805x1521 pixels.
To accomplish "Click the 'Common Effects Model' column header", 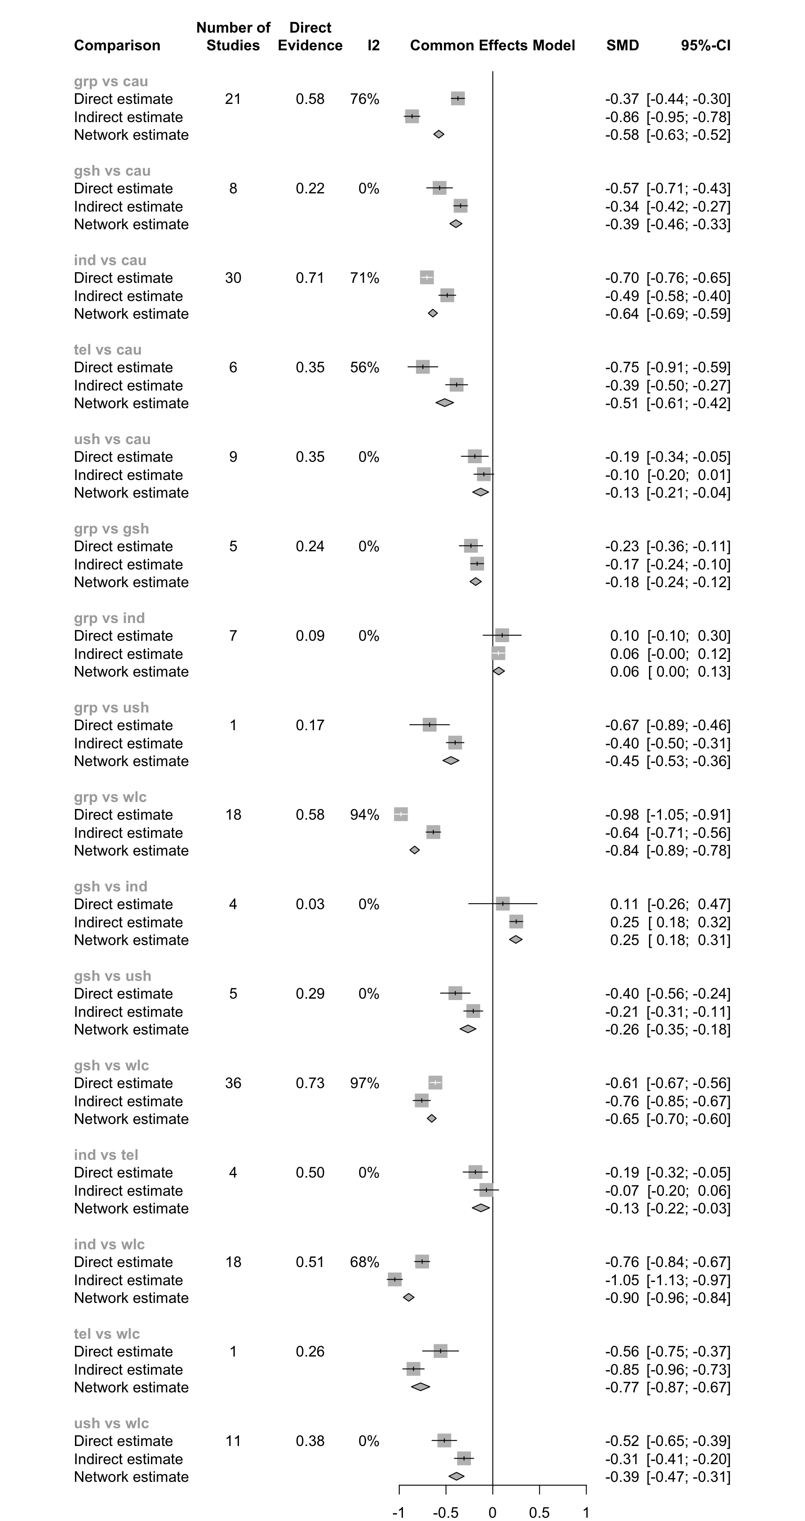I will click(x=492, y=46).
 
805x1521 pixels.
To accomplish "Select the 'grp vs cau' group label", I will click(x=111, y=82).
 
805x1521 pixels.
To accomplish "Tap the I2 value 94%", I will click(x=364, y=815).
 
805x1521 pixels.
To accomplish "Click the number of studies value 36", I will click(x=233, y=1083).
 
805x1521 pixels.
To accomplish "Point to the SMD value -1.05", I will click(x=621, y=1280).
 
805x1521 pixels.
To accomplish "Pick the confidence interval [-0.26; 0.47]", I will click(x=689, y=904).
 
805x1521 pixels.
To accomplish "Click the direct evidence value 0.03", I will click(x=310, y=904).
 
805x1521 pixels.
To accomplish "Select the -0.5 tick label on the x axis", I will click(x=445, y=1512).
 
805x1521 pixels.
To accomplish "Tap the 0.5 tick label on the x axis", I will click(x=539, y=1512).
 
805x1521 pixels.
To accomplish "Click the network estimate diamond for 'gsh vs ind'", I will click(x=516, y=939).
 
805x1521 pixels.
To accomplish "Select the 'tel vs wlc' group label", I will click(x=107, y=1334).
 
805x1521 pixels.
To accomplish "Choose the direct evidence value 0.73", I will click(x=310, y=1083).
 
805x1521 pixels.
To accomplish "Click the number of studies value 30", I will click(x=233, y=278).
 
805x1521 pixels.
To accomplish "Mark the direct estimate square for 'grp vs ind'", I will click(x=502, y=635).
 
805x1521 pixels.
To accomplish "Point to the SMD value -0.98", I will click(x=621, y=815).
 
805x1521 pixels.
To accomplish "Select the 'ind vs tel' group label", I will click(x=106, y=1155).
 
